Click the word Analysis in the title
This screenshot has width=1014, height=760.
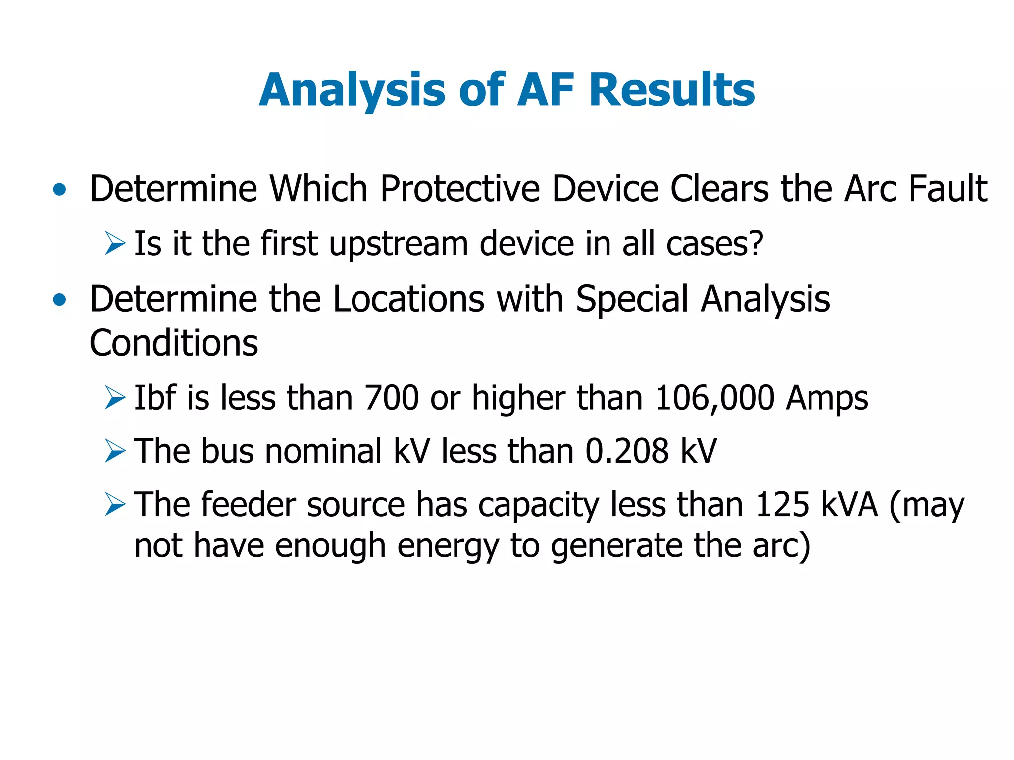(x=352, y=90)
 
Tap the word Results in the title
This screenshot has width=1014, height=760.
(x=672, y=90)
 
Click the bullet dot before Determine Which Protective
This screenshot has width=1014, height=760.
(x=59, y=189)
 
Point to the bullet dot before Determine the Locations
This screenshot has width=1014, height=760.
(x=59, y=300)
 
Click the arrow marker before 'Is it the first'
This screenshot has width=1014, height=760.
(x=115, y=244)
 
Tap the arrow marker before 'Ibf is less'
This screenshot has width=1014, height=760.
(x=115, y=398)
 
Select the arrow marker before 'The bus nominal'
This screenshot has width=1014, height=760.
(x=115, y=451)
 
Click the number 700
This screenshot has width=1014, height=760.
(x=391, y=398)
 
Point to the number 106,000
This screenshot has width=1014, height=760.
(x=714, y=398)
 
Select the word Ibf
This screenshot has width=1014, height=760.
(x=155, y=398)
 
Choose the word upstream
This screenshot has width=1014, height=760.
(x=399, y=245)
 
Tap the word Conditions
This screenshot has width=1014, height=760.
(x=174, y=343)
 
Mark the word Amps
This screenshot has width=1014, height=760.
(x=827, y=399)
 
